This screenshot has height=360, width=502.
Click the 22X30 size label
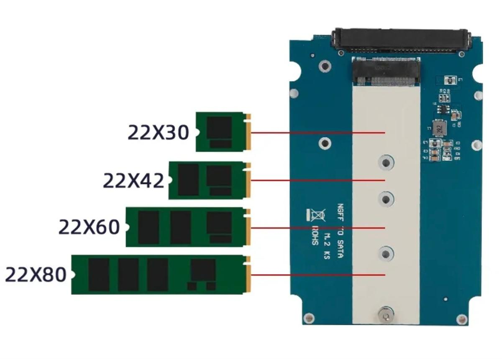pos(158,133)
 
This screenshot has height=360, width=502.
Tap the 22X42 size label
pos(133,181)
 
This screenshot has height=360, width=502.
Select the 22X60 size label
pos(89,227)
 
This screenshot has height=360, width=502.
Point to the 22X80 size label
pos(36,275)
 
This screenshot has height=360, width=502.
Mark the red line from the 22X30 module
pos(318,133)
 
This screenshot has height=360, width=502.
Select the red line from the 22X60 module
pos(318,228)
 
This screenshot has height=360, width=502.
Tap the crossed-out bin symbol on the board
pos(317,215)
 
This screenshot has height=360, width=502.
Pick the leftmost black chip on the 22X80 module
pos(99,275)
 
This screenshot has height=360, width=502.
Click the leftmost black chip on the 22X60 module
pos(149,227)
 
